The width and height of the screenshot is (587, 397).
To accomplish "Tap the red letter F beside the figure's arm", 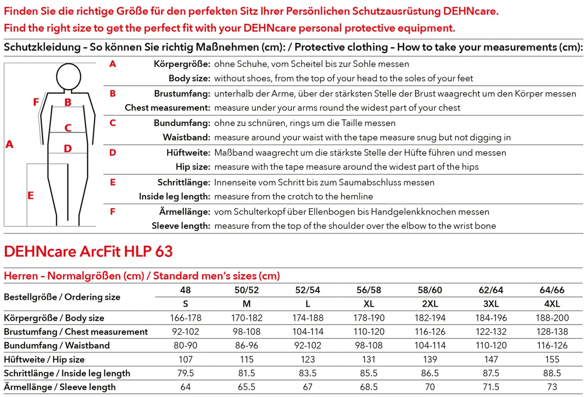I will pos(36,103).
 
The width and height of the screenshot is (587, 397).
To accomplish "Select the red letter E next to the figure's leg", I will pos(31,196).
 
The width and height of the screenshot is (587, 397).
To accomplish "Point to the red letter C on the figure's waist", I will pos(68,128).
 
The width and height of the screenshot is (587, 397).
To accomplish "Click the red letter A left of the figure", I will pos(9,145).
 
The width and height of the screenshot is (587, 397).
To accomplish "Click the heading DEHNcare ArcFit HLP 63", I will pos(89,251).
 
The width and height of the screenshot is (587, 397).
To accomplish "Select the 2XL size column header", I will pos(430,304).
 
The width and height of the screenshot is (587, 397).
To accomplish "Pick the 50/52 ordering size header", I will pos(247,290).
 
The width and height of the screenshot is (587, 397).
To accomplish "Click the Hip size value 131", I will pos(369,359).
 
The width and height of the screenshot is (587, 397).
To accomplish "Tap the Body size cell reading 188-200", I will pos(552,318).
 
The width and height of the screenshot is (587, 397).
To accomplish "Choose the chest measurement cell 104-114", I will pos(308,331).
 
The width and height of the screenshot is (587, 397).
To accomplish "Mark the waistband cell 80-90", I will pos(185,345).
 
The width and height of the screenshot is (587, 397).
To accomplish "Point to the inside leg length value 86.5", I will pos(430,373).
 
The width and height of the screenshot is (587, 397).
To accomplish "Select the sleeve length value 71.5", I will pos(491,387).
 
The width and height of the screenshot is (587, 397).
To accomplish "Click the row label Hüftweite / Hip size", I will pos(44,359).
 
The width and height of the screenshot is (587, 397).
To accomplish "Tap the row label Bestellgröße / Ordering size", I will pos(62,297).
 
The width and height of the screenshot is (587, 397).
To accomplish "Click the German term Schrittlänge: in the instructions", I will pos(183,182).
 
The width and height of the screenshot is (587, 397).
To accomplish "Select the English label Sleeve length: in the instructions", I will pos(181,226).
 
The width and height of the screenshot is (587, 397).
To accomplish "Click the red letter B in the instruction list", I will pos(113,94).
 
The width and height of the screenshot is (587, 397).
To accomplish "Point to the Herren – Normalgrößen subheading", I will pos(142,276).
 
